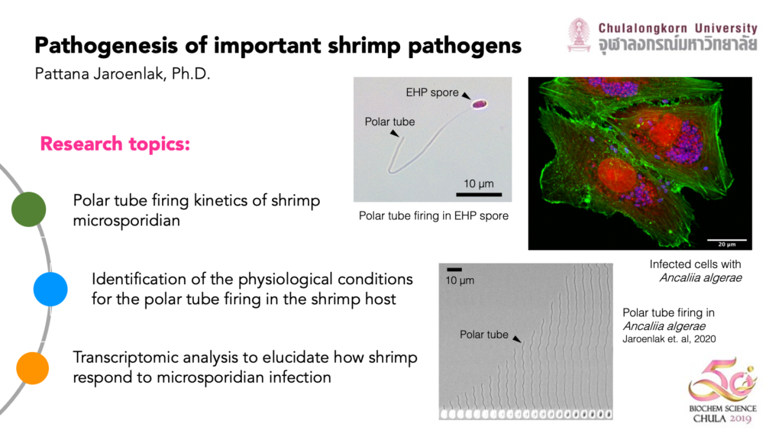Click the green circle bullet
29,209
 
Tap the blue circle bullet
50,290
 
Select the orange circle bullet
32,368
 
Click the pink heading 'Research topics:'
115,144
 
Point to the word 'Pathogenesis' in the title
106,46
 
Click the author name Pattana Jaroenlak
101,74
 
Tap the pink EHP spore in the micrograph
480,104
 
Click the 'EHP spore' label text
432,92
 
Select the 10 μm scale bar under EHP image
479,194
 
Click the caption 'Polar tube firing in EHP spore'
434,216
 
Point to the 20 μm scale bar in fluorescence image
727,240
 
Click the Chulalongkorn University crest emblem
579,35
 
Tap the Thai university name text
678,44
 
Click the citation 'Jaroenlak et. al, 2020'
669,339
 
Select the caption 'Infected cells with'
695,264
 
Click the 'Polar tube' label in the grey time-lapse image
483,335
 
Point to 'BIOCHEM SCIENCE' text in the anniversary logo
722,409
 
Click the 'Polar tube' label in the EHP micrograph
389,121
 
